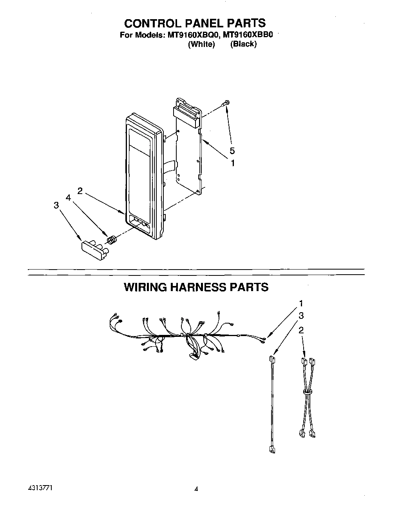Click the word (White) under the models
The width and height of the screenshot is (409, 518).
click(201, 44)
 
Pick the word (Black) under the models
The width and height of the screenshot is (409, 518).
click(243, 44)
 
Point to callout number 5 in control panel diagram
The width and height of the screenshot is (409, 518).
click(232, 151)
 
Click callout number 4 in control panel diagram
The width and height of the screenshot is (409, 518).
click(68, 198)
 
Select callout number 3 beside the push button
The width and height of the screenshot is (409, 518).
click(56, 205)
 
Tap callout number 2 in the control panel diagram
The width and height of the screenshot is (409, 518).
click(80, 191)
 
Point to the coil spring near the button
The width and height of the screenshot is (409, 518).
click(112, 239)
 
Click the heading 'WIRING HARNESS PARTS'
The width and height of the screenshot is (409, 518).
click(196, 287)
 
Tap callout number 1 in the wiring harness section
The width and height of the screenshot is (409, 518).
click(301, 303)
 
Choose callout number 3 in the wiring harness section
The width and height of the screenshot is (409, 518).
click(301, 316)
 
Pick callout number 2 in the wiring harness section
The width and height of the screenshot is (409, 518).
click(301, 330)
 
